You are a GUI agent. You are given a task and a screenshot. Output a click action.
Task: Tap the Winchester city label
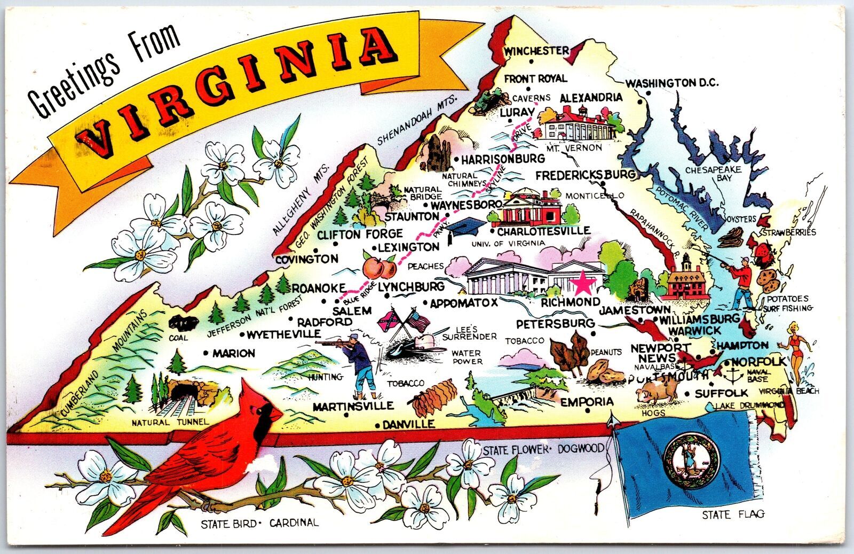coord(536,51)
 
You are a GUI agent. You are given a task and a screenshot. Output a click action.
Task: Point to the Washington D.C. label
coord(672,83)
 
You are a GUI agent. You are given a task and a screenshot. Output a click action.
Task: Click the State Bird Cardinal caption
coord(259,523)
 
